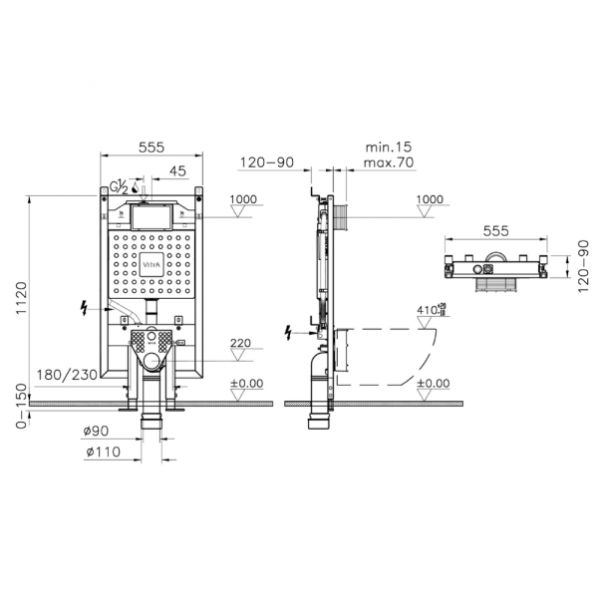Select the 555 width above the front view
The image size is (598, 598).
[151, 147]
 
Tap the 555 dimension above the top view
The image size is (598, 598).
[496, 230]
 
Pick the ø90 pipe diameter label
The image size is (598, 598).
[97, 431]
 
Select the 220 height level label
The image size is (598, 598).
[239, 345]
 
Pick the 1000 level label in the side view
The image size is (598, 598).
[429, 199]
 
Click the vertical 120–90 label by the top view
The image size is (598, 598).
[576, 267]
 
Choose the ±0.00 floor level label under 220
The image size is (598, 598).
[246, 383]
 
